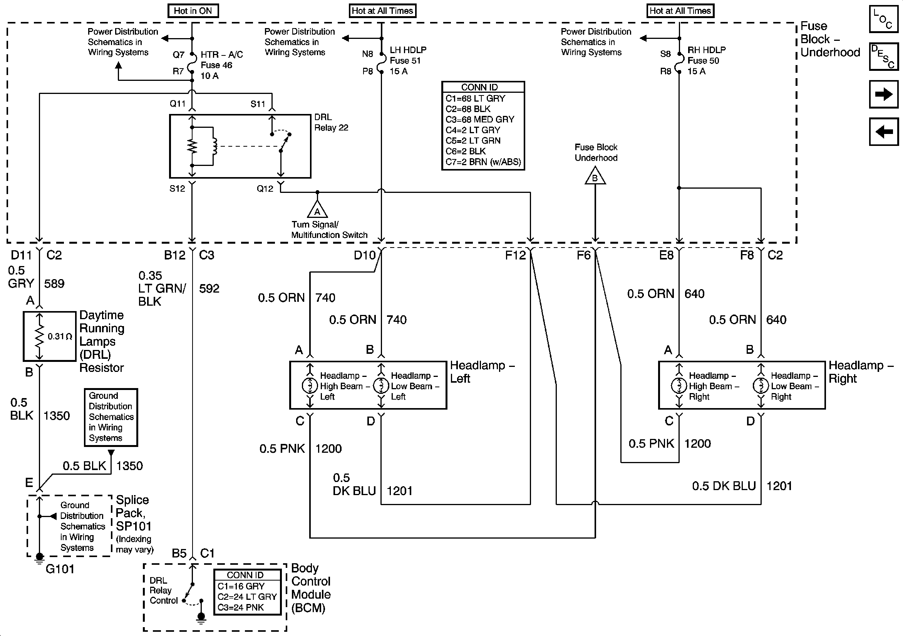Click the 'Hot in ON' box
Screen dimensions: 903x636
click(193, 11)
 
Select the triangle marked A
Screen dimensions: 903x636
click(317, 209)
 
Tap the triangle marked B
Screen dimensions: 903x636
click(595, 176)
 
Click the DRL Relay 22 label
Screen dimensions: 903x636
click(331, 122)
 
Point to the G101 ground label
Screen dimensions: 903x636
click(60, 569)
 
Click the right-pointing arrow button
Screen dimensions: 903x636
click(884, 94)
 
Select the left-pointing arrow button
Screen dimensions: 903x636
click(884, 131)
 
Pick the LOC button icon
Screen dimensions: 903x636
click(884, 18)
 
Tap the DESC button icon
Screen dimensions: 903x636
click(884, 56)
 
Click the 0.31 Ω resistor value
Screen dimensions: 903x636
click(60, 336)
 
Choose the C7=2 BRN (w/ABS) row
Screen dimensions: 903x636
click(483, 162)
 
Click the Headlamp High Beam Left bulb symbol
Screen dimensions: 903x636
click(310, 386)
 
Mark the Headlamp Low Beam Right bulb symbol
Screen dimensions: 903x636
click(761, 386)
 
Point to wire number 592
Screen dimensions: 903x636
click(209, 288)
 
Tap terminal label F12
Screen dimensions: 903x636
click(515, 255)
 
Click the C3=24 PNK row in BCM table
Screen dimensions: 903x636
click(241, 607)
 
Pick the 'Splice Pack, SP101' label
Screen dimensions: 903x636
click(133, 513)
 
